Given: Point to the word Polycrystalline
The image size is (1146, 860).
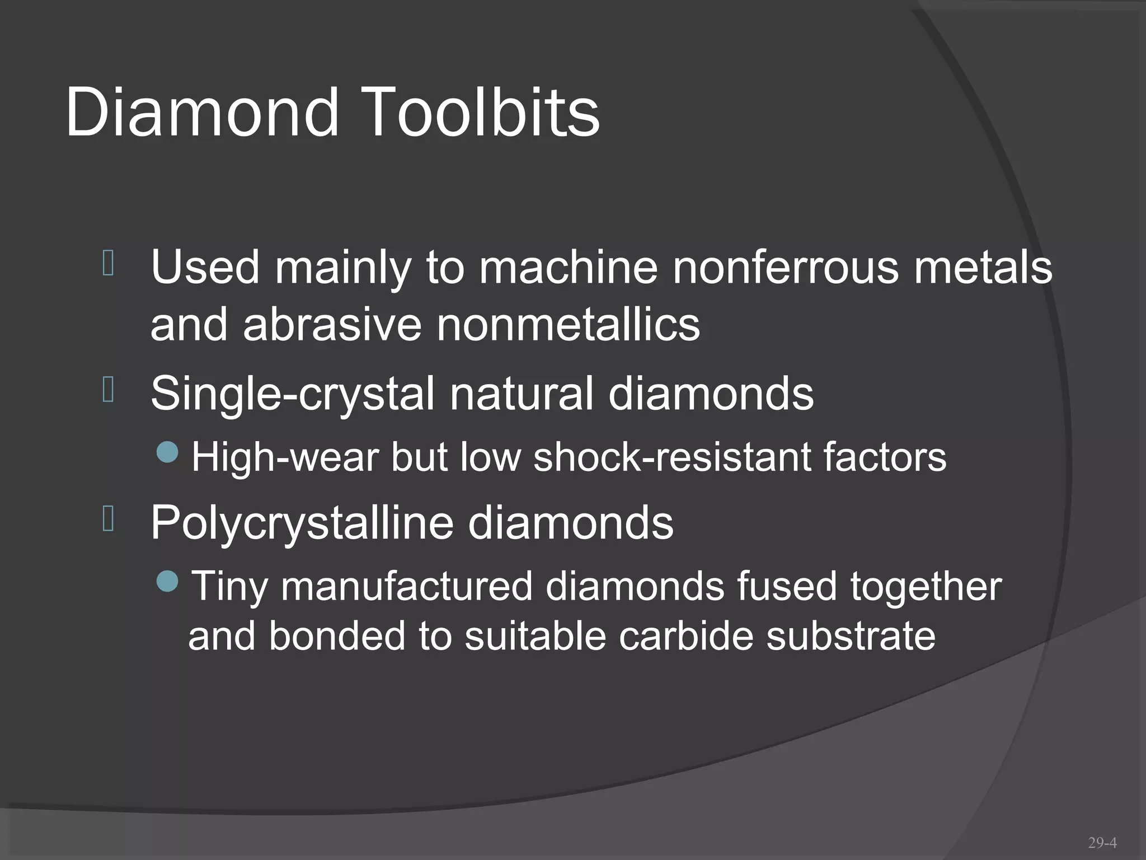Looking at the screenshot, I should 302,524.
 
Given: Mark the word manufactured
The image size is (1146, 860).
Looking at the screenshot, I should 407,586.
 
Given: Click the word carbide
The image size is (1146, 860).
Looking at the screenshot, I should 685,637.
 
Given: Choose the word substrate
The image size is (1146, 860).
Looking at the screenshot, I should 851,637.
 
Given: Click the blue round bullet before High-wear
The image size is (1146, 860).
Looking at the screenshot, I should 167,452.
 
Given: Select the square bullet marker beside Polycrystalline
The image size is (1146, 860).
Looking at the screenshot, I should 109,518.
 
